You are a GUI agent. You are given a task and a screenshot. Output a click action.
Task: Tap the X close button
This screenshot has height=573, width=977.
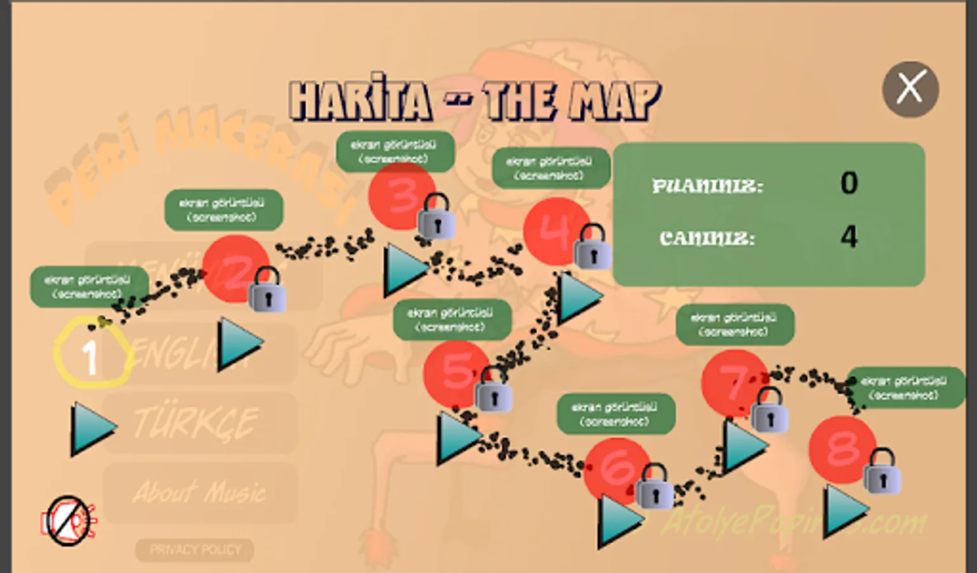point(910,88)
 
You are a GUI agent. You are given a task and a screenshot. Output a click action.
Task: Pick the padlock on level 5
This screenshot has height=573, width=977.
point(493,389)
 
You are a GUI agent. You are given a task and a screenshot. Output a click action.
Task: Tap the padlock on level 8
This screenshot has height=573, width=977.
point(882,472)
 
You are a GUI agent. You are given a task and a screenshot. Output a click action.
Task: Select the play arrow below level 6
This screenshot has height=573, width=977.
point(619,521)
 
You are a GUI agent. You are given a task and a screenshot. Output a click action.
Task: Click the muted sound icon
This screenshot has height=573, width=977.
point(69,521)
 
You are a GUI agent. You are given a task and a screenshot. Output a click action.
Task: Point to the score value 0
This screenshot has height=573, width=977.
point(849,183)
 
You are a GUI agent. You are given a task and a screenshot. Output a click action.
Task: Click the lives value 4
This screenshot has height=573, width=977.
point(849,237)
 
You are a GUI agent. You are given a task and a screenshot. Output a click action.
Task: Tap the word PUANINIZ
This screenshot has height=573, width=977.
point(707,186)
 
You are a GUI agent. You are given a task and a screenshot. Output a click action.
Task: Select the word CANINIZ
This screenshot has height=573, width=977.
point(707,238)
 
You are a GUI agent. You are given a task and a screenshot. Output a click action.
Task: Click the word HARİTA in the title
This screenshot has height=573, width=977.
point(361,101)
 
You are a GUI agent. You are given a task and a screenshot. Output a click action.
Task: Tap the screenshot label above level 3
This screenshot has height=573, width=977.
point(395,152)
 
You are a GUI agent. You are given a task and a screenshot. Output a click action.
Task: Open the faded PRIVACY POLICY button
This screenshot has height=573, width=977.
point(195,549)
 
